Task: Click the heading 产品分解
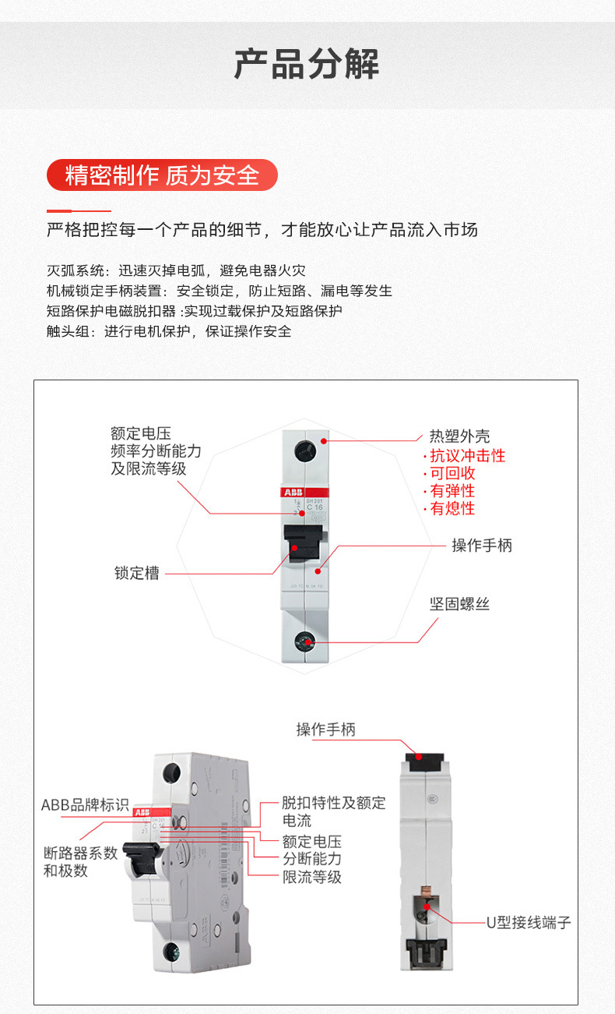307,64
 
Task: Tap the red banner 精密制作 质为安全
162,175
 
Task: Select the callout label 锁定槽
137,574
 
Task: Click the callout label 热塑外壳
459,436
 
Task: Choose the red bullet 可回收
452,474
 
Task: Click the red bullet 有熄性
452,509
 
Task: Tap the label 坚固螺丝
459,604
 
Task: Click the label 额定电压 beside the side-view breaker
311,842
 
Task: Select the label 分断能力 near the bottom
311,859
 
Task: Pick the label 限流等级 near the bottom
311,877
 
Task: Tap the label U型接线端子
529,923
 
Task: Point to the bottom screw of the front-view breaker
304,641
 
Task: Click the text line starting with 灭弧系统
176,271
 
